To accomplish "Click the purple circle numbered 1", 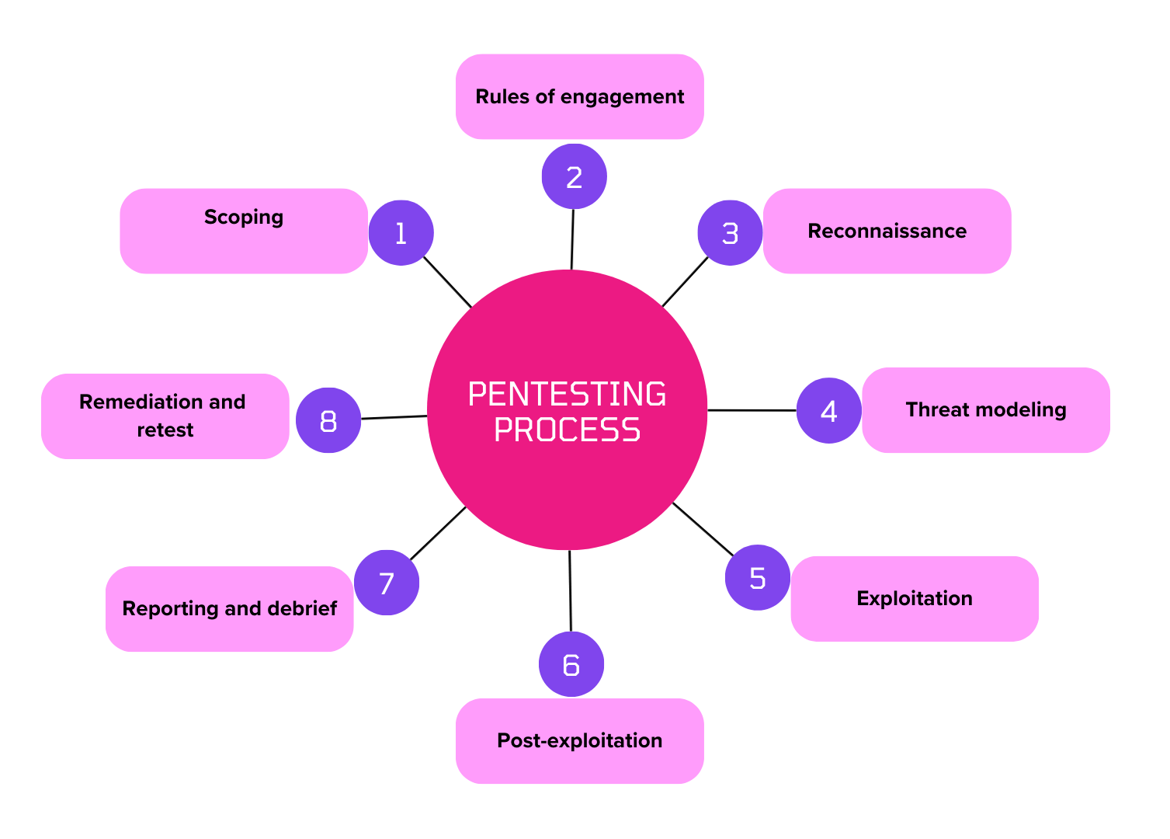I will click(401, 233).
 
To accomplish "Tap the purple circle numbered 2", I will click(574, 176).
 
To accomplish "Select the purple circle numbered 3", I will click(730, 233).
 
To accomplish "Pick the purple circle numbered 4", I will click(828, 410).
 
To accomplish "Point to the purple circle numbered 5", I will click(757, 577).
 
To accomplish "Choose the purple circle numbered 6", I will click(571, 664).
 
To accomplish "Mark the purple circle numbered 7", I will click(387, 583).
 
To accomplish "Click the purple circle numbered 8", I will click(328, 420).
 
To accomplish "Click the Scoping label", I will click(244, 218).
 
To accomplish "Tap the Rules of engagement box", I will click(580, 97).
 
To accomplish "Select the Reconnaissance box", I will click(887, 231).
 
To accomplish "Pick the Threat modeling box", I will click(985, 410).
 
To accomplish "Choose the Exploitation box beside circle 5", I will click(915, 598).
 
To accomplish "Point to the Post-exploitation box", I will click(580, 740).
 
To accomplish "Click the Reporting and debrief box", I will click(230, 608).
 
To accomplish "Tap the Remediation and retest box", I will click(165, 416).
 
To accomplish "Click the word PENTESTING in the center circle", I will click(567, 395).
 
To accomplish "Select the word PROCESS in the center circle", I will click(567, 430).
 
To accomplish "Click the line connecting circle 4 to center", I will click(752, 410).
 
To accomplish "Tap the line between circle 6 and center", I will click(570, 590).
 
